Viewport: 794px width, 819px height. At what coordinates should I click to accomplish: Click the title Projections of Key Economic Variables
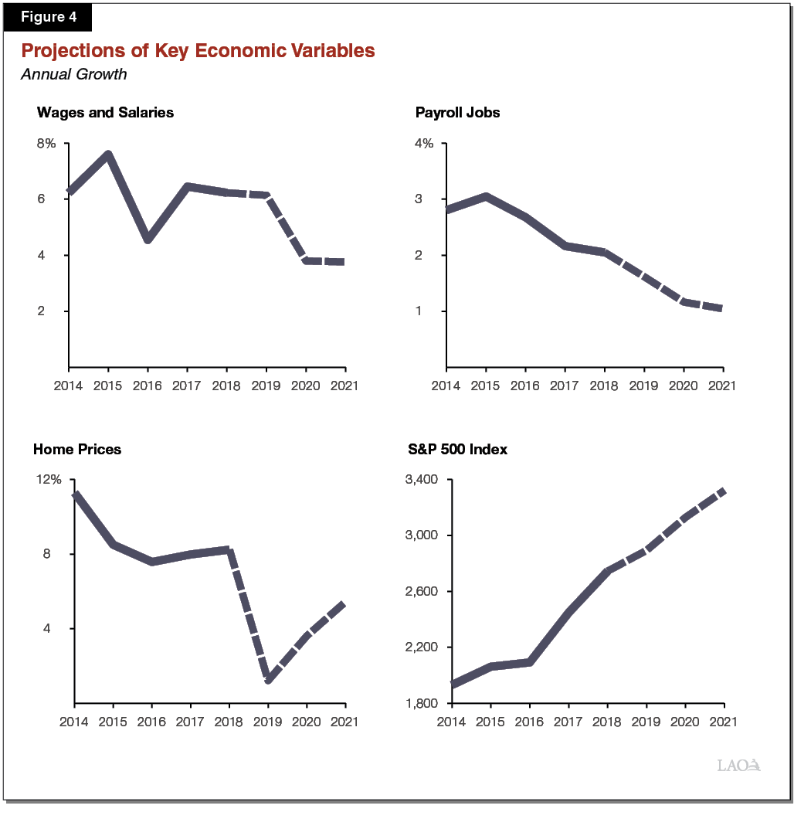[x=198, y=51]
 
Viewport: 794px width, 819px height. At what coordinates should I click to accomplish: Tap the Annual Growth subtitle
[x=73, y=75]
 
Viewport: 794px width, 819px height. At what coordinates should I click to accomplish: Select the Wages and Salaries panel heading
[x=105, y=113]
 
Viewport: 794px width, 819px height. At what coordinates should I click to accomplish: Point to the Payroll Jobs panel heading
[x=457, y=113]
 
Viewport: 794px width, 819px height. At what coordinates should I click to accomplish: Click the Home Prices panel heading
[x=77, y=449]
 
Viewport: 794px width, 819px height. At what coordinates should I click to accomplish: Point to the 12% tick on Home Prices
[x=49, y=480]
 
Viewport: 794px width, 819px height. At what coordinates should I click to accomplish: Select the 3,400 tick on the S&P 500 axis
[x=422, y=480]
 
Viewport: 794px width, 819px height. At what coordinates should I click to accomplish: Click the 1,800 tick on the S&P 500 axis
[x=422, y=704]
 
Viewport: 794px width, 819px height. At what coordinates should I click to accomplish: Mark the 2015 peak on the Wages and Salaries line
[x=108, y=155]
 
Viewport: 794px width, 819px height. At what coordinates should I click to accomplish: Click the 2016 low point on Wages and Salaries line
[x=148, y=240]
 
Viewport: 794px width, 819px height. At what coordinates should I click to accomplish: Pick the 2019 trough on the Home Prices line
[x=268, y=680]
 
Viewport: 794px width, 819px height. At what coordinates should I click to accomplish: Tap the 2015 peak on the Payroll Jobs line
[x=486, y=197]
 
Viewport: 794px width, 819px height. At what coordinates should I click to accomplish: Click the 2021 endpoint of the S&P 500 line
[x=722, y=491]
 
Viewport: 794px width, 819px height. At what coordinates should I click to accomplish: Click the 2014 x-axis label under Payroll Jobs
[x=446, y=385]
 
